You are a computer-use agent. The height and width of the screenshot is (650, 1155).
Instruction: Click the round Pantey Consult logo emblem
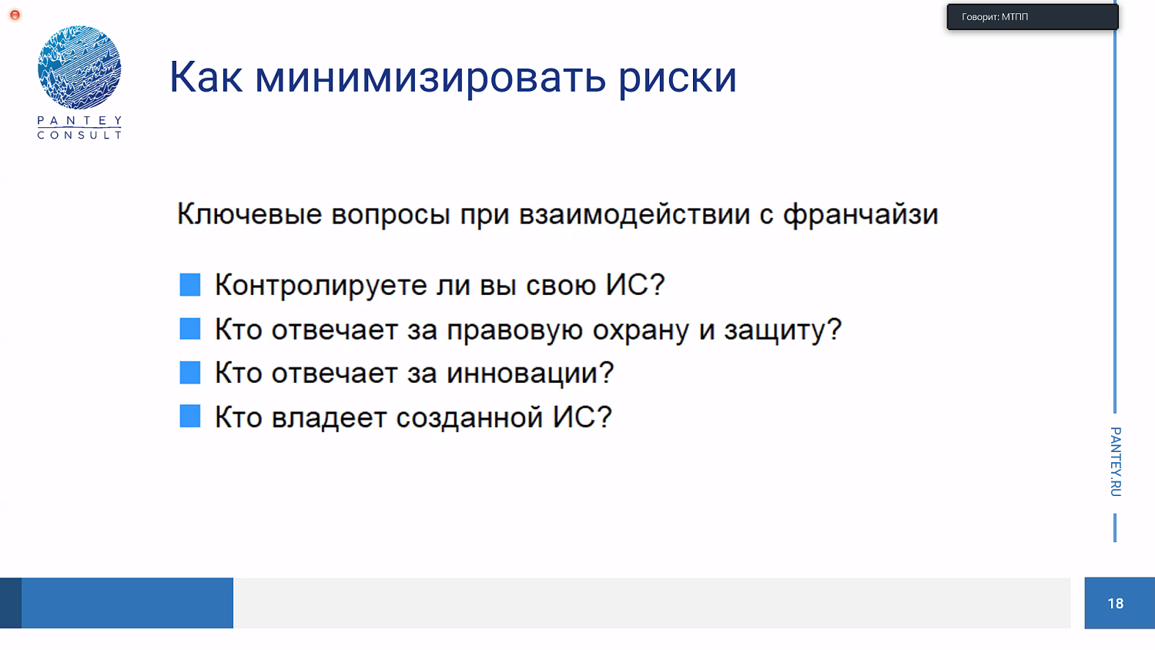pos(79,67)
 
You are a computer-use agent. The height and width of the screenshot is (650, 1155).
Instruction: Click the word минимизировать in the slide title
pos(430,78)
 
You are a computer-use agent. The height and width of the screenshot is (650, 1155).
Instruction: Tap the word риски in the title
pos(678,78)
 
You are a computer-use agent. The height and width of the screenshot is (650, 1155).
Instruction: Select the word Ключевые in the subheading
pos(249,214)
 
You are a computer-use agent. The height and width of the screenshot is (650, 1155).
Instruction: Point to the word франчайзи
pos(861,214)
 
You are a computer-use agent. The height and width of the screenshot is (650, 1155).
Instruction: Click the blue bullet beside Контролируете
pos(190,285)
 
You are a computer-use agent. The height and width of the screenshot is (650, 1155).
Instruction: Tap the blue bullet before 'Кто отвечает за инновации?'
pos(190,373)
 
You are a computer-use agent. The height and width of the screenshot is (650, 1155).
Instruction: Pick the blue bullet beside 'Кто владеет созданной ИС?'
pos(190,417)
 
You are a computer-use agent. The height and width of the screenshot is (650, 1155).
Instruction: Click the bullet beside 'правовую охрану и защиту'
pos(190,329)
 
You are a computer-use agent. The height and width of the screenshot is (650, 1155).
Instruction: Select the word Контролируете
pos(320,286)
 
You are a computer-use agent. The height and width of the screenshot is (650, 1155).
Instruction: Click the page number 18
pos(1115,604)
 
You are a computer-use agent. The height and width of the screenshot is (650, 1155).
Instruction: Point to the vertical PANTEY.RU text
pos(1115,461)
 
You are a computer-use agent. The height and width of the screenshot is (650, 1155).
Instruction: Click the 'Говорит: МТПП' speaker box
pos(1032,17)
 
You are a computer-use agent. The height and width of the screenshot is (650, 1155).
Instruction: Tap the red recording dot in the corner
pos(15,15)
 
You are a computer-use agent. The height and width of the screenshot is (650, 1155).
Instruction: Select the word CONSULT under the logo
pos(79,136)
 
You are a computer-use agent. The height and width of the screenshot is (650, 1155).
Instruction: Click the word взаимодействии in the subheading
pos(634,214)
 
